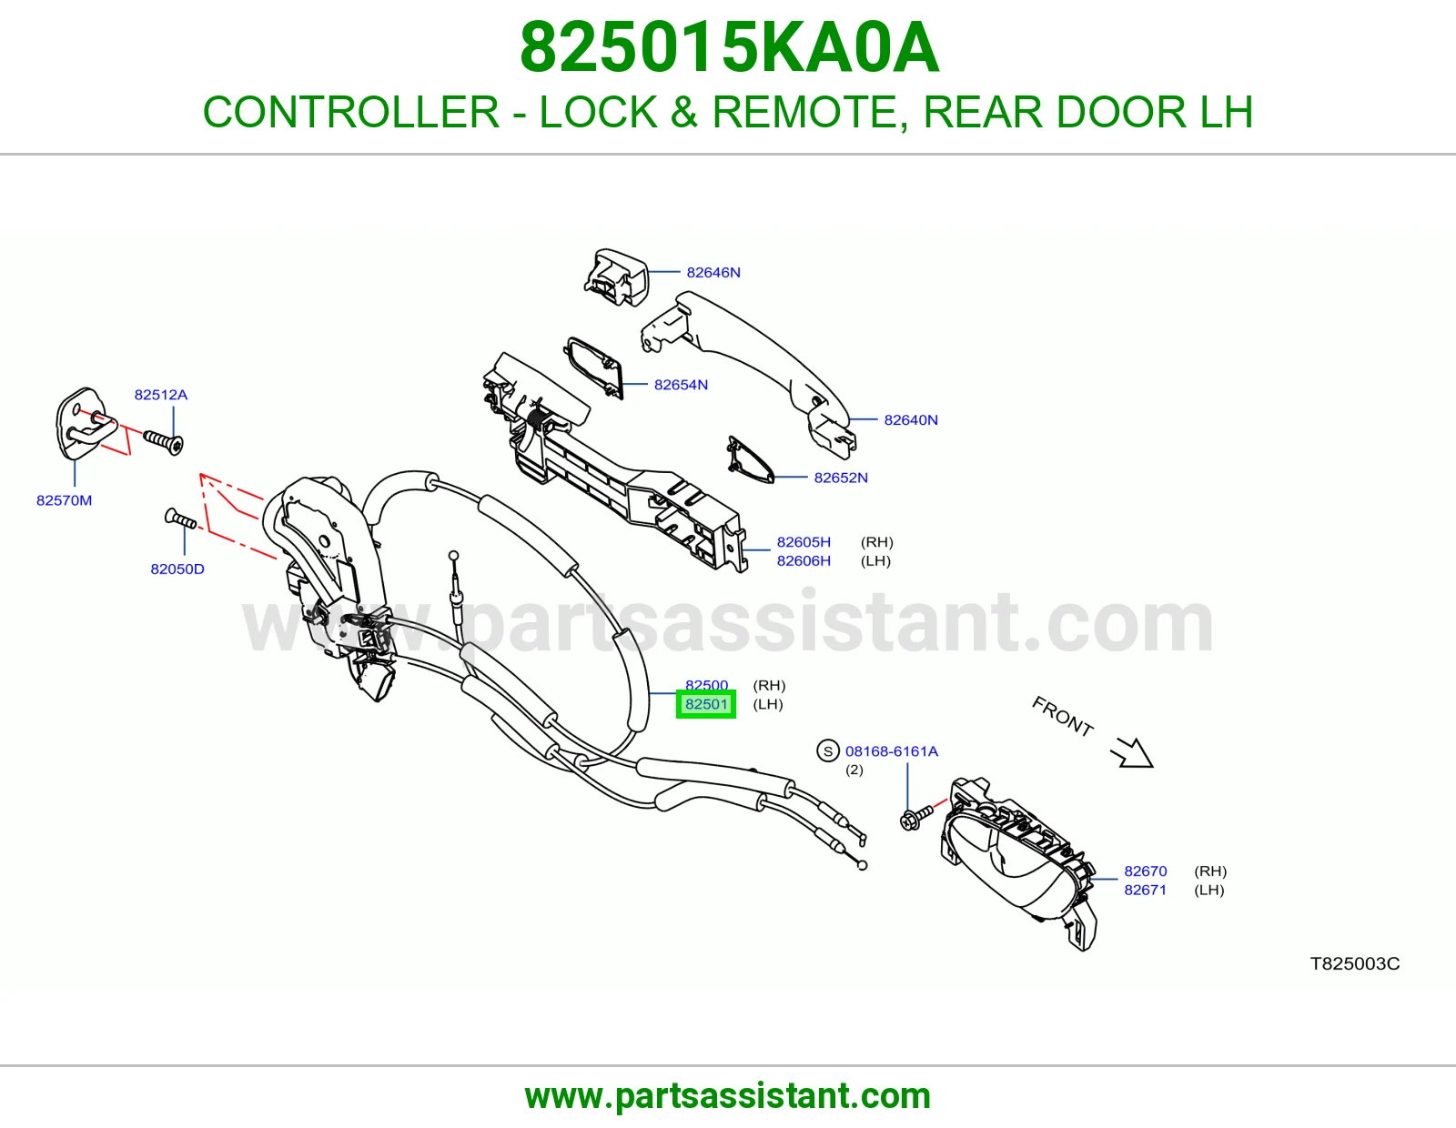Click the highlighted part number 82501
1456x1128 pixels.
(x=705, y=704)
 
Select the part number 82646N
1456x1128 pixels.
(x=713, y=273)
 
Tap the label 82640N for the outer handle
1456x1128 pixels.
(x=911, y=420)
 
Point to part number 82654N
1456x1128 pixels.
(x=681, y=385)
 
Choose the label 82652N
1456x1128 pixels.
(x=840, y=478)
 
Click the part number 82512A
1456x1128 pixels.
(x=161, y=395)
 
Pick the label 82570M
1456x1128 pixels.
(x=65, y=500)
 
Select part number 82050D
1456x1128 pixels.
(x=177, y=569)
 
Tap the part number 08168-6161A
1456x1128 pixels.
(x=891, y=751)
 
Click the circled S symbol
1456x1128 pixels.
(x=828, y=750)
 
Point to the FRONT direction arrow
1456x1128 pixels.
(x=1132, y=752)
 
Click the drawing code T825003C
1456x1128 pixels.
(x=1355, y=964)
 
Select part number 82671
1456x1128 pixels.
(x=1145, y=891)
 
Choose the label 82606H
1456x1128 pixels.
(x=804, y=560)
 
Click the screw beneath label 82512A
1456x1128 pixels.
(x=163, y=441)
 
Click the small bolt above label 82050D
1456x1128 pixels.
(x=180, y=518)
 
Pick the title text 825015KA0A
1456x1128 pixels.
(x=730, y=47)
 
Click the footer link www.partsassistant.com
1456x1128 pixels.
(x=728, y=1096)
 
